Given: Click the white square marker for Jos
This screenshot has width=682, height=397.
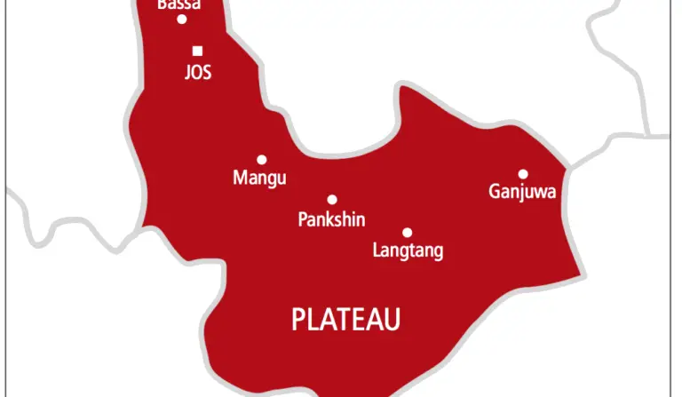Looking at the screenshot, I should (197, 51).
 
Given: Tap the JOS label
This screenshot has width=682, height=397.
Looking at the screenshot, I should (197, 74).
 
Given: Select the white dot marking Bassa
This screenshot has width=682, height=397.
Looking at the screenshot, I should (182, 19).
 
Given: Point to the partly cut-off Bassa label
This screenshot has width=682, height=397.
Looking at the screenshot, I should (178, 4).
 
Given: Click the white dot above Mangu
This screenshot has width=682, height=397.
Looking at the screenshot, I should (261, 160).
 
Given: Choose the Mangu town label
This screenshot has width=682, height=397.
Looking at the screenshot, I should (259, 179).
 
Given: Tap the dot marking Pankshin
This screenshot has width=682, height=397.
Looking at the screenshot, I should (331, 200).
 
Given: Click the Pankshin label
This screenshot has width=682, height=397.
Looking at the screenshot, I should (331, 219).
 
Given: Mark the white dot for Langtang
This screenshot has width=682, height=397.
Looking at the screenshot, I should (408, 232).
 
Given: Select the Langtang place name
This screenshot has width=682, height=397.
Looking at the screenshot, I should (408, 251).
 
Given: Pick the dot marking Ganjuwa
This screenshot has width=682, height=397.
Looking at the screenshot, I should (523, 173).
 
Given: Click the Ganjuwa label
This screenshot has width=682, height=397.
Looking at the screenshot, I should (523, 192).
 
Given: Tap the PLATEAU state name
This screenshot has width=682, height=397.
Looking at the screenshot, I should (346, 319).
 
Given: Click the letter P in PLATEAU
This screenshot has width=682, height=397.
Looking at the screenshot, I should (298, 319).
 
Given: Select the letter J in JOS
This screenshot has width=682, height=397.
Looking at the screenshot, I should (186, 74).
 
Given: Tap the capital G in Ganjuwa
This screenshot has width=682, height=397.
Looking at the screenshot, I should (495, 191).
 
